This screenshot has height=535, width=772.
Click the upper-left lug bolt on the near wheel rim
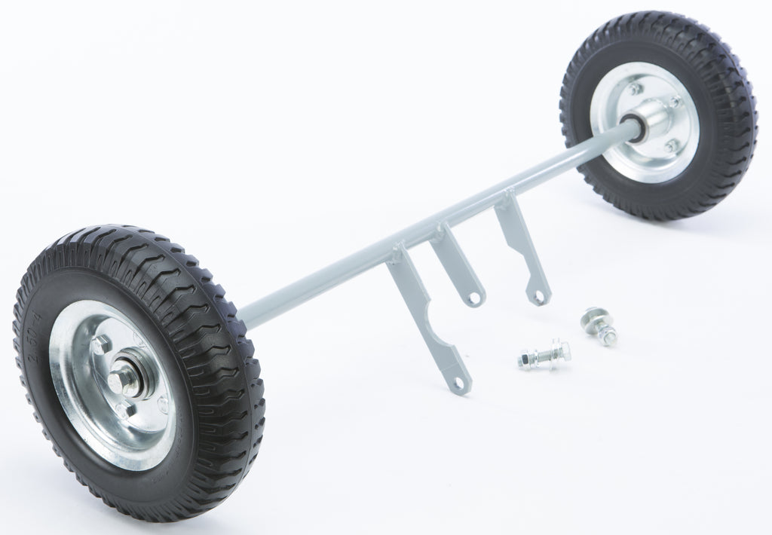tap(100, 344)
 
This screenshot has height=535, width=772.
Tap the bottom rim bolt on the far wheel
tap(669, 145)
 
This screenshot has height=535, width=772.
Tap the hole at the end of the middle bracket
tap(473, 299)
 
